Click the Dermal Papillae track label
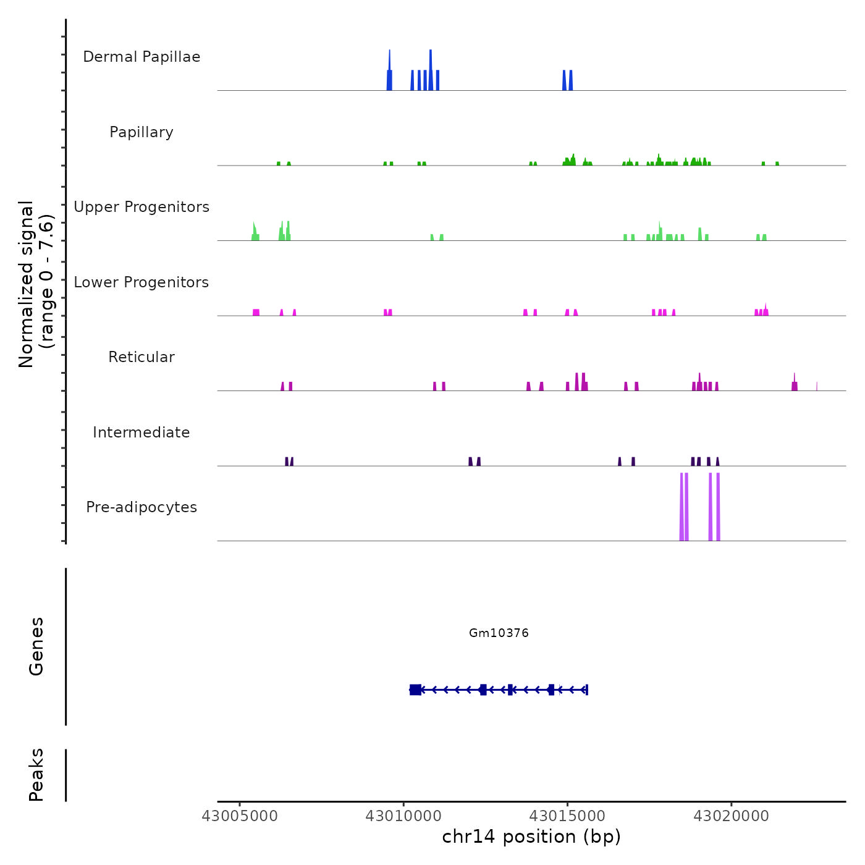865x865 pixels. tap(141, 57)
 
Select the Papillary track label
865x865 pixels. tap(141, 132)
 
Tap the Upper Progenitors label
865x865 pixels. tap(141, 207)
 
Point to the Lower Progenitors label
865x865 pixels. tap(141, 282)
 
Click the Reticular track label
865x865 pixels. tap(141, 357)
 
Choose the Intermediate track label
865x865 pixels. tap(141, 432)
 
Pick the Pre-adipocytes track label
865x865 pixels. tap(141, 507)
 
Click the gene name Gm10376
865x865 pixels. tap(499, 633)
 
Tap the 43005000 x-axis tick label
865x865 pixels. tap(240, 816)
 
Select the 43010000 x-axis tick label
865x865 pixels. tap(404, 816)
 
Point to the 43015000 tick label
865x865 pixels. tap(568, 816)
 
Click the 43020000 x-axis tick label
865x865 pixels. tap(732, 816)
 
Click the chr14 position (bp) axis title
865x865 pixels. tap(531, 837)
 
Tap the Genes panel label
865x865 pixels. tap(36, 646)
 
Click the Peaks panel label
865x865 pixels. tap(36, 775)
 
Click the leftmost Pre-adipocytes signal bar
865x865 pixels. tap(681, 507)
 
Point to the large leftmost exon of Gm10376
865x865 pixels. tap(415, 690)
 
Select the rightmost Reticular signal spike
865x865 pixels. tap(817, 386)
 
